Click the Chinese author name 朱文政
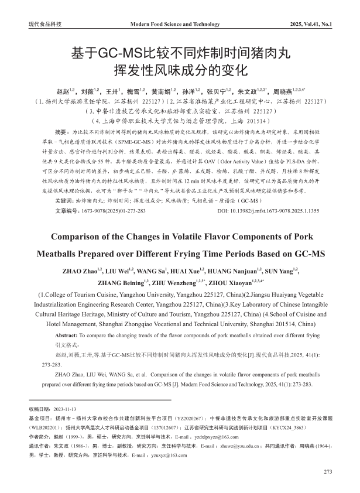tap(248, 92)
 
